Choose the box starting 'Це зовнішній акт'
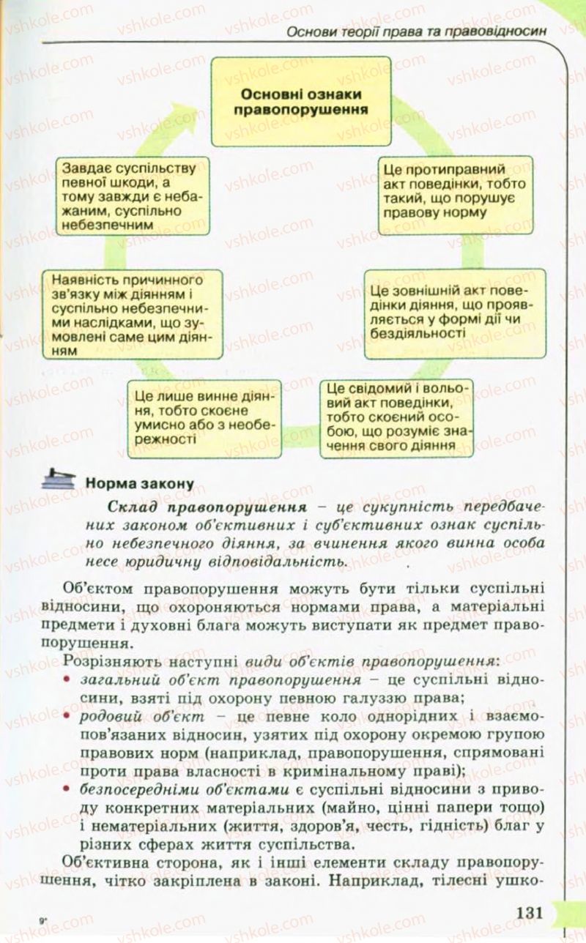[456, 313]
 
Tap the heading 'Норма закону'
[140, 483]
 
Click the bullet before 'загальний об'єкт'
[68, 681]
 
